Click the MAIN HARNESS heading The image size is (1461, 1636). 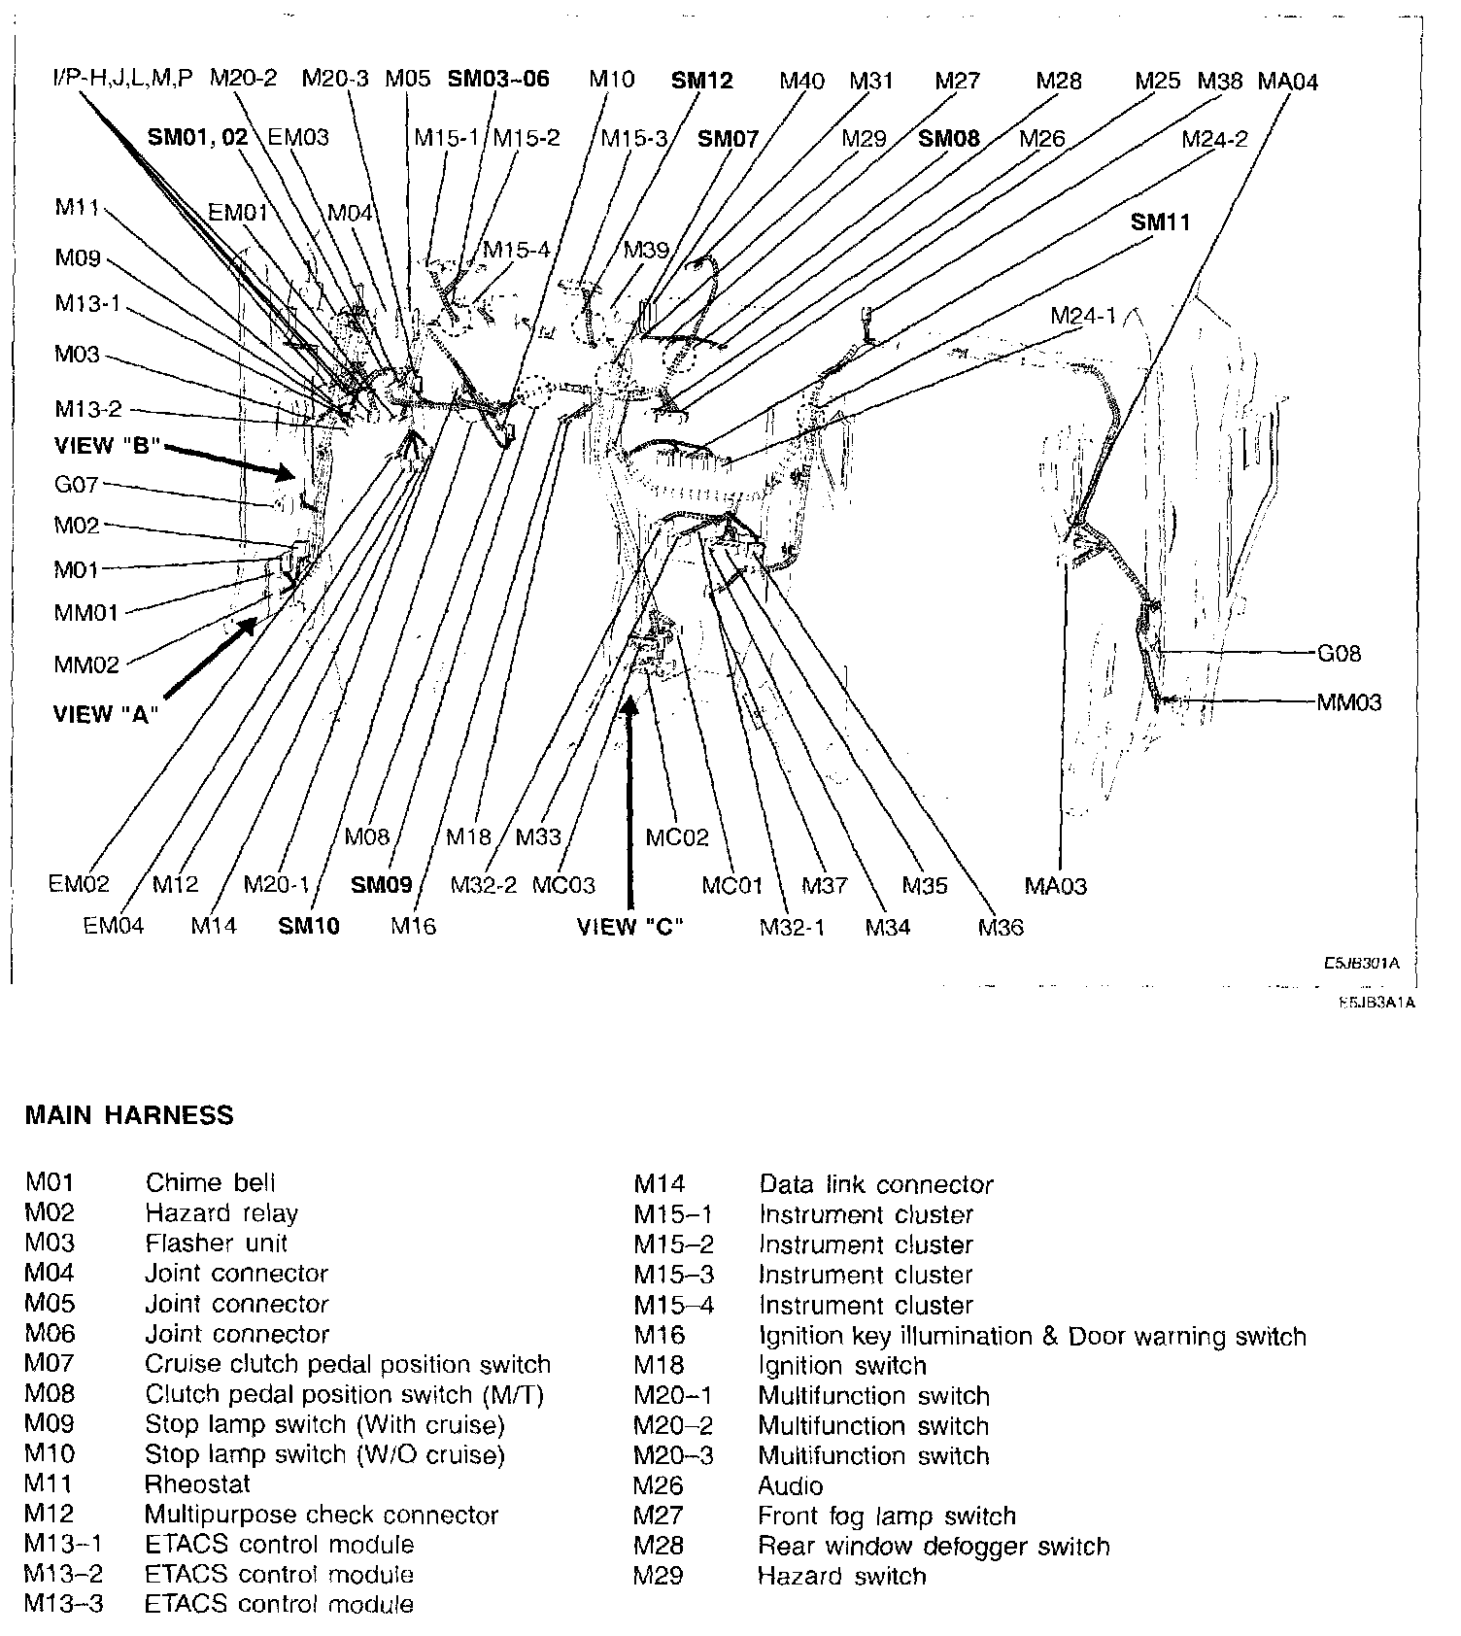pos(129,1114)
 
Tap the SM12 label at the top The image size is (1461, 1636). pos(701,81)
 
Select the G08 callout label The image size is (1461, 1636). pos(1339,654)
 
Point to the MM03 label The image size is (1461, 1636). pos(1348,702)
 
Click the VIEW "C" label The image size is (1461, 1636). pos(630,926)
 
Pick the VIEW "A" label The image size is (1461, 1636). pos(105,714)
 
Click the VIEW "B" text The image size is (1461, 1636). pos(107,446)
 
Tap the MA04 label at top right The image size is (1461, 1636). pos(1288,82)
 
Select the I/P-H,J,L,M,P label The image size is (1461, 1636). pos(122,78)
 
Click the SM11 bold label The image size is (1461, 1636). pos(1160,222)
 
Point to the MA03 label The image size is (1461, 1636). pos(1055,885)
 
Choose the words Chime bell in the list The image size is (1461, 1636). pos(211,1182)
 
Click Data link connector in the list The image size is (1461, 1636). pos(876,1184)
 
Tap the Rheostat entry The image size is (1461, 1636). pos(197,1483)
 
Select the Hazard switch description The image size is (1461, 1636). pos(841,1576)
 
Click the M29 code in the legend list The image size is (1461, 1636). pos(658,1576)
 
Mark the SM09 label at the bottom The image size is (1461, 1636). pos(382,885)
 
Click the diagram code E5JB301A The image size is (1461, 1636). pos(1360,964)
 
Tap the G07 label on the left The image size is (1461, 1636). pos(77,484)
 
